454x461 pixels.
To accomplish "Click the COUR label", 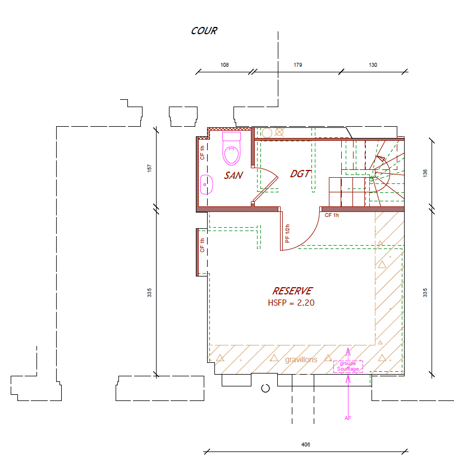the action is click(204, 31).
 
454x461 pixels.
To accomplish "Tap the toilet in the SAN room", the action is click(232, 149).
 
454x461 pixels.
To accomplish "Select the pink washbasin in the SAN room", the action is click(207, 185).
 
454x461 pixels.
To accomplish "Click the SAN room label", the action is click(233, 175).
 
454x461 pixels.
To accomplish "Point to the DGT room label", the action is click(300, 174).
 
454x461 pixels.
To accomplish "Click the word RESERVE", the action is click(292, 291).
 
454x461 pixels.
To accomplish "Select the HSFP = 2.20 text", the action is click(291, 302).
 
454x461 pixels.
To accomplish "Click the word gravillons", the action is click(301, 359).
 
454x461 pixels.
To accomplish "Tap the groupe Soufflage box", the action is click(348, 367).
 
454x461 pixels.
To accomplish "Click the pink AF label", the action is click(348, 418).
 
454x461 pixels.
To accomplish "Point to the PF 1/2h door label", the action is click(287, 233).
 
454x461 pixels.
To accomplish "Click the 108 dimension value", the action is click(224, 64).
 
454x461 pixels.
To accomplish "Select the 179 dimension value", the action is click(298, 64).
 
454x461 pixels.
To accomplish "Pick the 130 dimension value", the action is click(373, 64).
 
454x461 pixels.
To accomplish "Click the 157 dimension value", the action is click(149, 168).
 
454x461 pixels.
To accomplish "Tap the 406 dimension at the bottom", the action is click(306, 445).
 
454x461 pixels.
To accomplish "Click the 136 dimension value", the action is click(425, 173).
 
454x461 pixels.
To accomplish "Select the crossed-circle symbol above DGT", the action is click(279, 132).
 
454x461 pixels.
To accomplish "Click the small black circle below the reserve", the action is click(265, 389).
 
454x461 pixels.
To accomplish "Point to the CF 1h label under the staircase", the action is click(332, 215).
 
